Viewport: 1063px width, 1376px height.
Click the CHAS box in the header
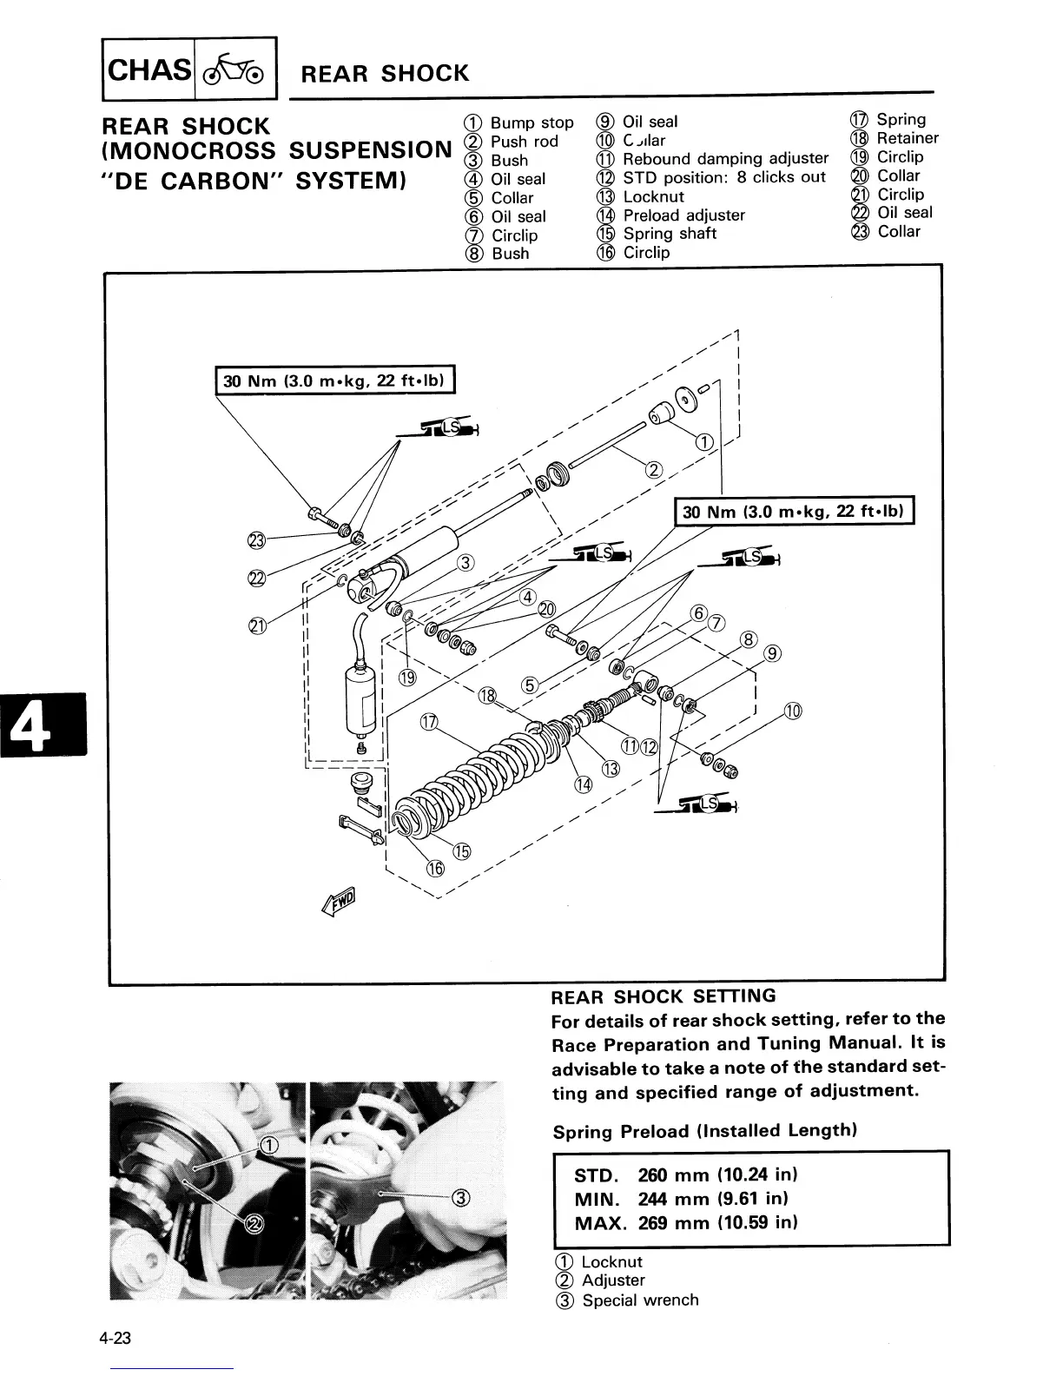(149, 68)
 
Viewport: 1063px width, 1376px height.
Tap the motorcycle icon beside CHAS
(235, 68)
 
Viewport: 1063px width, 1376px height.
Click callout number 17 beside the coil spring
(429, 722)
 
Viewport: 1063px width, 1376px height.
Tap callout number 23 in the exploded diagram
(256, 541)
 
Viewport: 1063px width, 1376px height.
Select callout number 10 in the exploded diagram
(793, 711)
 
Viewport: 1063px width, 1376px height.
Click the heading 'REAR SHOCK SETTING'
(664, 996)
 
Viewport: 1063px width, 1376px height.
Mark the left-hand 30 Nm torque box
(334, 380)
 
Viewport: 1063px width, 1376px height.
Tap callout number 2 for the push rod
(655, 470)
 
